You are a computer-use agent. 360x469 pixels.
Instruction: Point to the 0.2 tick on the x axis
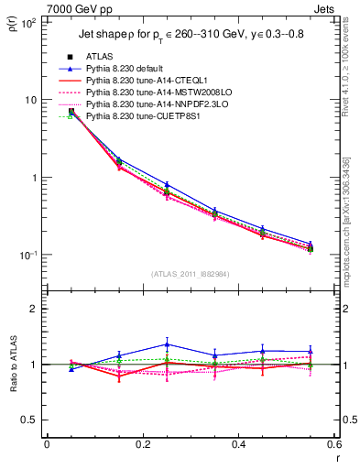point(142,445)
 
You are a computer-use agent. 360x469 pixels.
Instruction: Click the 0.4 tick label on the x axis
point(238,445)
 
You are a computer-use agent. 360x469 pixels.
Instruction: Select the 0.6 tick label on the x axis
point(334,445)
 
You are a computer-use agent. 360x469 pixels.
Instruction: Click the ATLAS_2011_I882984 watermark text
point(190,274)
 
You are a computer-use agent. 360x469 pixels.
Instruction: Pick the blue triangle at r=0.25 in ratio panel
point(166,344)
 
